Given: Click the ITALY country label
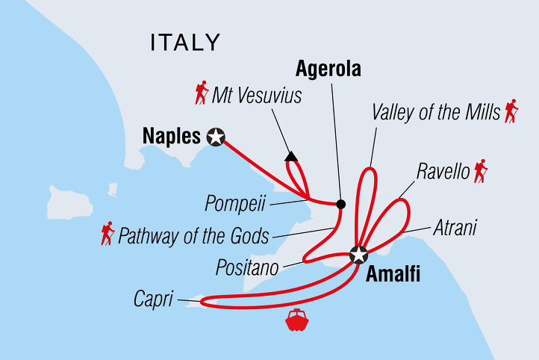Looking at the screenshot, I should coord(185,43).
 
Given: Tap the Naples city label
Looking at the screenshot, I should coord(169,137).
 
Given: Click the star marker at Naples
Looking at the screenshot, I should coord(216,137).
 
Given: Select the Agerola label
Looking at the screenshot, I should coord(328,69).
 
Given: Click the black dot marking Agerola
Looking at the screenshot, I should coord(340,204).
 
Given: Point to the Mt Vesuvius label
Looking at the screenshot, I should coord(257,96).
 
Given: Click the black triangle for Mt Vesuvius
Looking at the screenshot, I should coord(291,157).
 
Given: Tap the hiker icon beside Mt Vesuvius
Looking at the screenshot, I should coord(201,93).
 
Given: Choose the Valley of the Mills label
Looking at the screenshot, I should coord(435,113).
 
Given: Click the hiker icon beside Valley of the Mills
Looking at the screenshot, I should coord(511,111).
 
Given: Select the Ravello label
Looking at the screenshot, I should coord(443,173).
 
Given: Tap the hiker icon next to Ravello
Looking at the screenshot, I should coord(480,171).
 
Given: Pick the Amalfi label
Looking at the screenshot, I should coord(393,274).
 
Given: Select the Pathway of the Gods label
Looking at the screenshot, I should coord(193,237).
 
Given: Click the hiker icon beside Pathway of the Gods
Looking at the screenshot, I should coord(108,234).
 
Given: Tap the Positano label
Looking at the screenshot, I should coord(248,266).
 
